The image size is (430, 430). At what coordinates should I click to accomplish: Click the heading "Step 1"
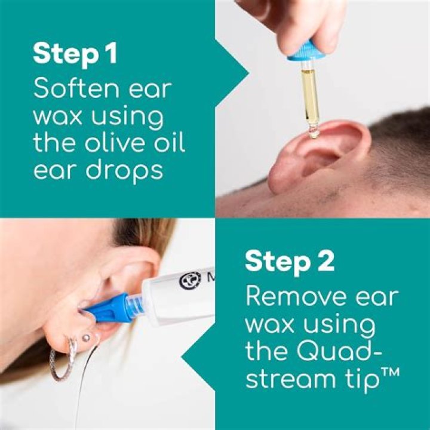[75, 54]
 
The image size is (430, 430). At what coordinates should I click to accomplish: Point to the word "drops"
[124, 172]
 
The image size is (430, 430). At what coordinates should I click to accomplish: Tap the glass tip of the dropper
[313, 131]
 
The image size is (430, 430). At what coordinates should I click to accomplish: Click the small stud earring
[86, 337]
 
